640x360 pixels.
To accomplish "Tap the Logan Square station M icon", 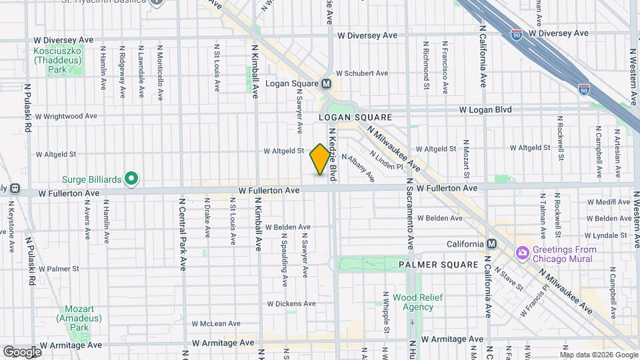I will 327,84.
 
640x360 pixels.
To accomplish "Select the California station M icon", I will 491,244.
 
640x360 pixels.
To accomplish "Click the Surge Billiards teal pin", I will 132,178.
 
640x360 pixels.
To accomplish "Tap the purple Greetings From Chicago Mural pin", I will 521,254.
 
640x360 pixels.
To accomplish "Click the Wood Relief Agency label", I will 413,302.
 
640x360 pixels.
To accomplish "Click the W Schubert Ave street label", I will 361,73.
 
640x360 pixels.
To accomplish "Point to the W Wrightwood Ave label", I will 66,116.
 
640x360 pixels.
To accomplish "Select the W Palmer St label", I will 59,269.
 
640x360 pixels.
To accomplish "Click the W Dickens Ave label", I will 290,304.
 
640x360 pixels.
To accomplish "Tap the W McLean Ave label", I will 215,323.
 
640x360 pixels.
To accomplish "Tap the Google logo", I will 22,351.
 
